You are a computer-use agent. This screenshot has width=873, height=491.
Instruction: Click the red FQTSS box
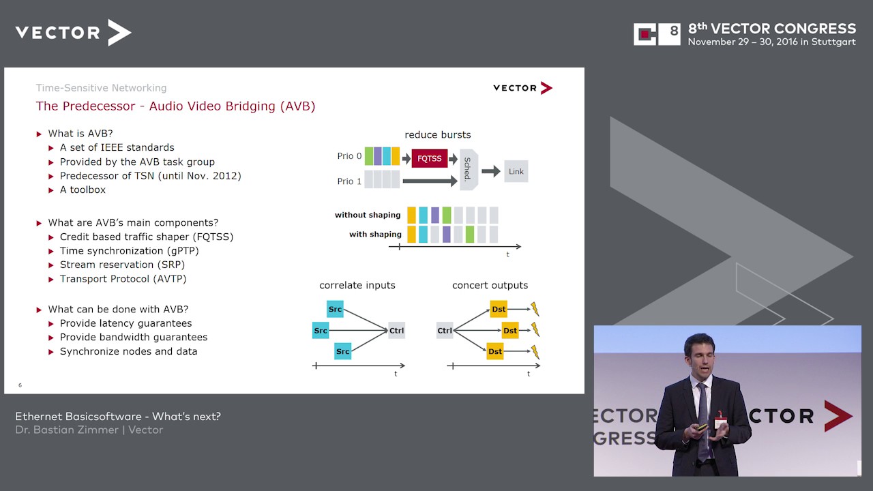point(430,158)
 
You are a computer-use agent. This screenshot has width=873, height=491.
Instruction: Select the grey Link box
point(516,171)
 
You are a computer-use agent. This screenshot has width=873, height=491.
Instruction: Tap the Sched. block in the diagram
point(469,170)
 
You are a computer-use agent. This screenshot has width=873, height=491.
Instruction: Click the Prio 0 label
point(349,156)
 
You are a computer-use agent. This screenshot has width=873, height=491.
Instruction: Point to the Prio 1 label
point(349,181)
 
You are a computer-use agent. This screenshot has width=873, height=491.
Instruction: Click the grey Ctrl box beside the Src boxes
point(397,331)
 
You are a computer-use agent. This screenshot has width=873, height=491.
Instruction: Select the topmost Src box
point(335,309)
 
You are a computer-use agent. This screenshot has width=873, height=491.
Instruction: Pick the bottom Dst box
point(495,351)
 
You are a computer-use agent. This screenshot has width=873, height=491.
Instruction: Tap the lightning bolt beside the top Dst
point(535,309)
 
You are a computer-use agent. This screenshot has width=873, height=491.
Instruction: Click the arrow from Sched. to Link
point(491,171)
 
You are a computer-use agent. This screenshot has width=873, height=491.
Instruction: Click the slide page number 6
point(20,385)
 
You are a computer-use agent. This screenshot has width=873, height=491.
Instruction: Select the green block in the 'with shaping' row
point(470,234)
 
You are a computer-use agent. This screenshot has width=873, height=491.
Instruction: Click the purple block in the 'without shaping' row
point(435,215)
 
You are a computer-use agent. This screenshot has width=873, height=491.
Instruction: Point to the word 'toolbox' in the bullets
point(88,190)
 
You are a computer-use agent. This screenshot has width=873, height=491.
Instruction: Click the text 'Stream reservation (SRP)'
point(122,265)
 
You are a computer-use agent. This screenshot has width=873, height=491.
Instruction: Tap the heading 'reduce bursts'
point(438,135)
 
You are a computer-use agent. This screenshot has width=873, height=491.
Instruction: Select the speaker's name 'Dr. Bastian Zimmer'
point(67,430)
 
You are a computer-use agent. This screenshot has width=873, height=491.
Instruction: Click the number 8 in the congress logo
point(674,31)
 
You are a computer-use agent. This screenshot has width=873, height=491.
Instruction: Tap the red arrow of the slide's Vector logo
point(546,88)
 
